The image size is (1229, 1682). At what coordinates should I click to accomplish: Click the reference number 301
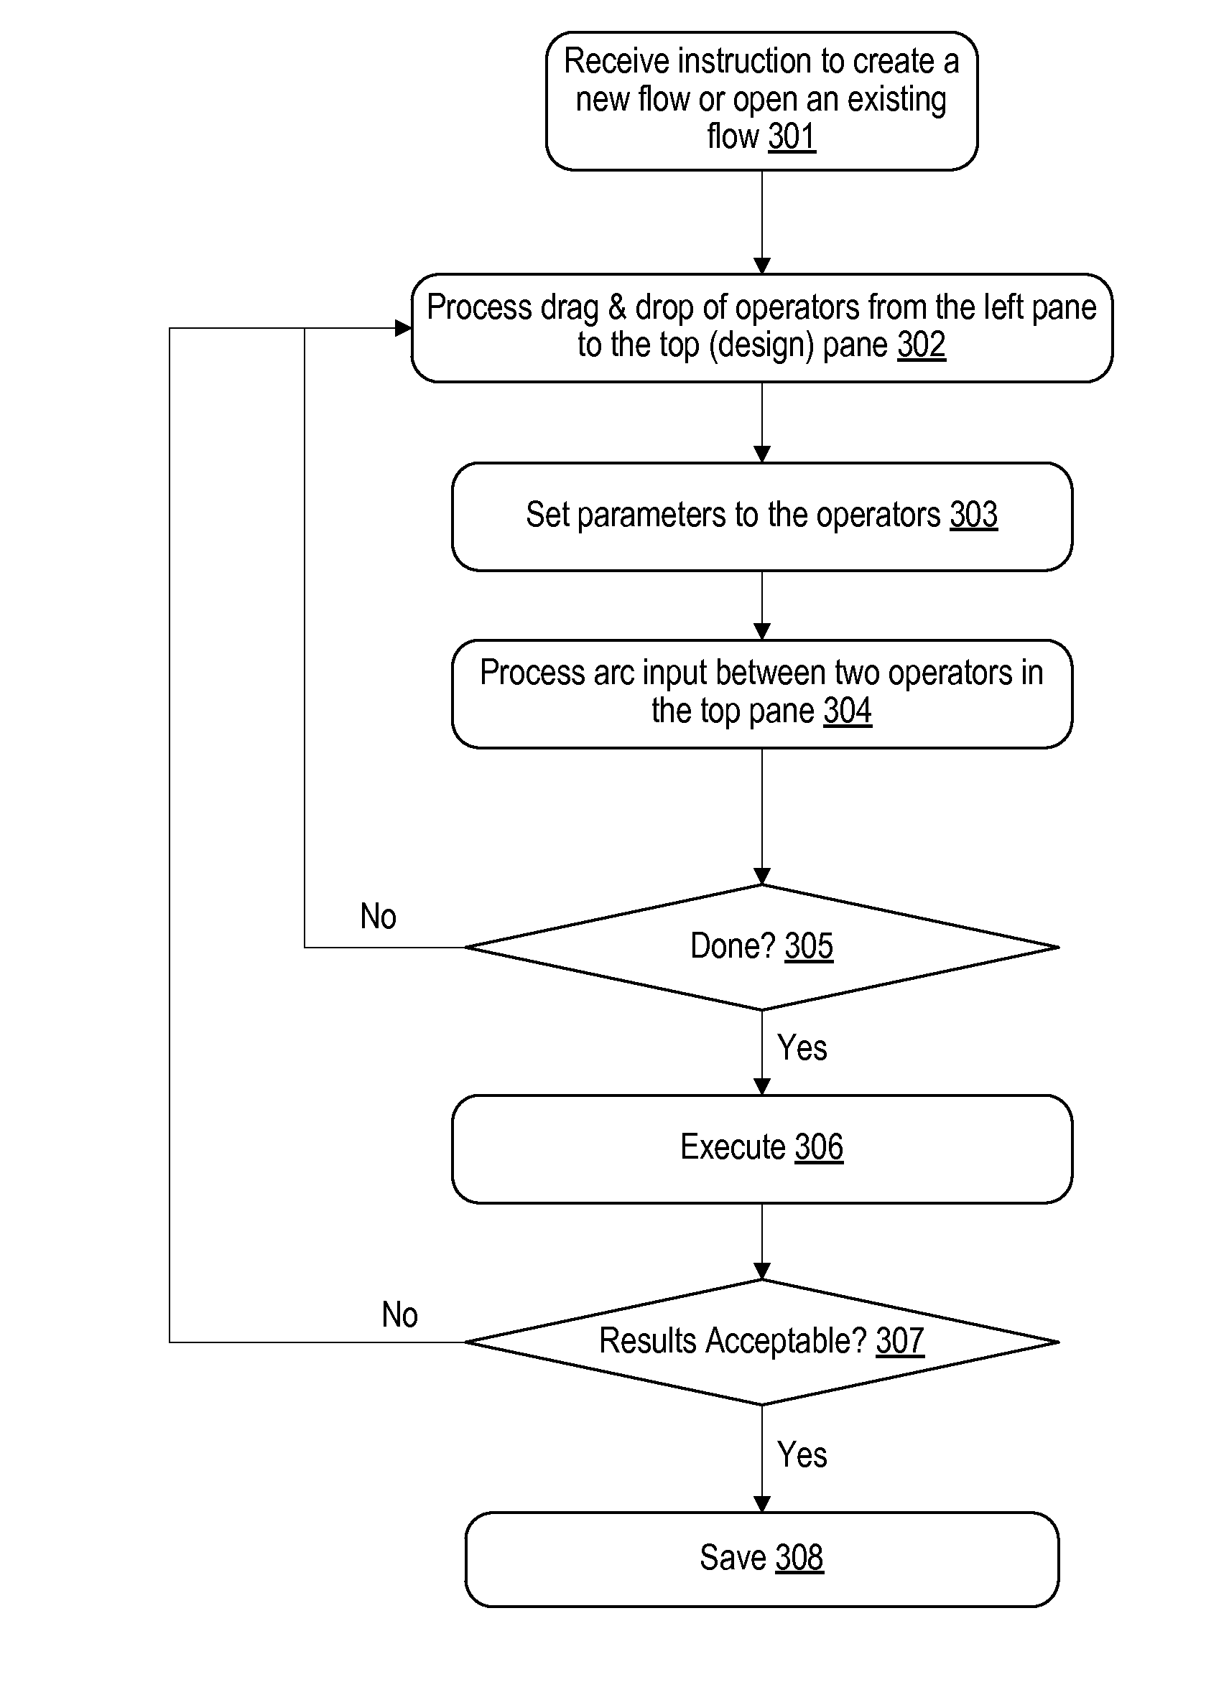tap(792, 137)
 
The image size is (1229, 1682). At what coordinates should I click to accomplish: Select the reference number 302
tap(921, 345)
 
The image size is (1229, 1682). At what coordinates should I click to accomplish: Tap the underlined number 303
tap(973, 515)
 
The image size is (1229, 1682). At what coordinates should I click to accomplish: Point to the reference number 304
tap(848, 711)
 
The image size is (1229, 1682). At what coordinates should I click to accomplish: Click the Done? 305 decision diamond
tap(762, 947)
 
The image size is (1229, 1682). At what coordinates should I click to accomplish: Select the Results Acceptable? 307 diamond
tap(762, 1342)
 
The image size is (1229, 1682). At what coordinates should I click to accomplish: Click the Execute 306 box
tap(762, 1149)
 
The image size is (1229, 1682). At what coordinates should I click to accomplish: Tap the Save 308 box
tap(762, 1559)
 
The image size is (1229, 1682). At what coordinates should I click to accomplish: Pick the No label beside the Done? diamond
tap(378, 916)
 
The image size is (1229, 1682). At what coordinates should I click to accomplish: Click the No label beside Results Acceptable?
tap(399, 1314)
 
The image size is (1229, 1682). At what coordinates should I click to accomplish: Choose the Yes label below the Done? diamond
tap(802, 1047)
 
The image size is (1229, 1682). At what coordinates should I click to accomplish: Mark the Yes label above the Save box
tap(802, 1454)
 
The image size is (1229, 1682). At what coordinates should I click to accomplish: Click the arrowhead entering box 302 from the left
tap(403, 328)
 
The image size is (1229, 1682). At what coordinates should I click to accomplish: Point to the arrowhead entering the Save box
tap(762, 1503)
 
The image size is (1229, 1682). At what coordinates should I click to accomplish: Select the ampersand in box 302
tap(617, 307)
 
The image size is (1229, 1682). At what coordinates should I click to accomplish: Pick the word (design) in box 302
tap(761, 346)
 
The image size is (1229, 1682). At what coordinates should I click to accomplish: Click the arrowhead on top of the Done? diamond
tap(762, 876)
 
